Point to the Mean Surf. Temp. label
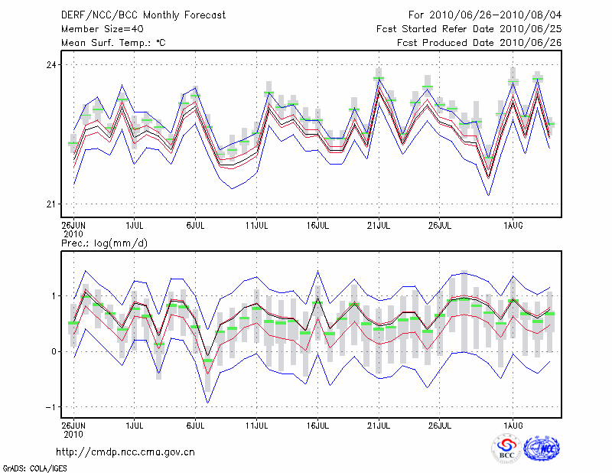[x=113, y=42]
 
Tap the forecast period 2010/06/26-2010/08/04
[x=485, y=15]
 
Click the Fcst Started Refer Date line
[x=469, y=28]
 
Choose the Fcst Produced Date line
[x=480, y=42]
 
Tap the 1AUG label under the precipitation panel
[x=513, y=423]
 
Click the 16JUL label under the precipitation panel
[x=318, y=423]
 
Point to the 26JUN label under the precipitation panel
[x=73, y=423]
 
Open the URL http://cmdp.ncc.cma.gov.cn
[x=125, y=452]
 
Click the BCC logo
[x=506, y=449]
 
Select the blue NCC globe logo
[x=542, y=448]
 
